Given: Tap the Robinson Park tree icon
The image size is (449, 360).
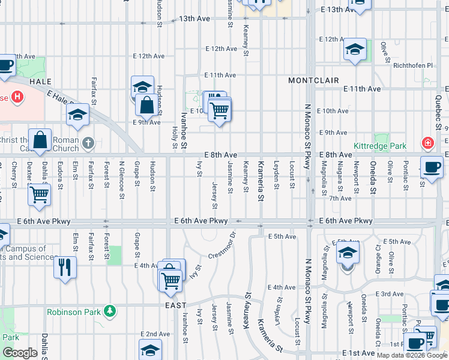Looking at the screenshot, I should tap(109, 310).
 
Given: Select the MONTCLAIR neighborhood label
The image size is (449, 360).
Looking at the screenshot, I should tap(313, 80).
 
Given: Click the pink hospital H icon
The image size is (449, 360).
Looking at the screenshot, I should tap(17, 96).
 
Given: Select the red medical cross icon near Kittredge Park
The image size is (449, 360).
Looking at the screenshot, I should tap(427, 143).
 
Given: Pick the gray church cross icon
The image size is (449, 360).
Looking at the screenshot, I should tap(88, 143).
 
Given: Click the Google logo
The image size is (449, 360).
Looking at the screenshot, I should tap(20, 353).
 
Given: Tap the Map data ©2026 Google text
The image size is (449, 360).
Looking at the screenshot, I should tap(412, 355).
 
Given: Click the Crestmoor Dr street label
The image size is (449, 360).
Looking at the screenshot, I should tap(223, 247).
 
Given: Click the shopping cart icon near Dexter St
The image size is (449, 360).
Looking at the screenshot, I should tap(39, 194).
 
